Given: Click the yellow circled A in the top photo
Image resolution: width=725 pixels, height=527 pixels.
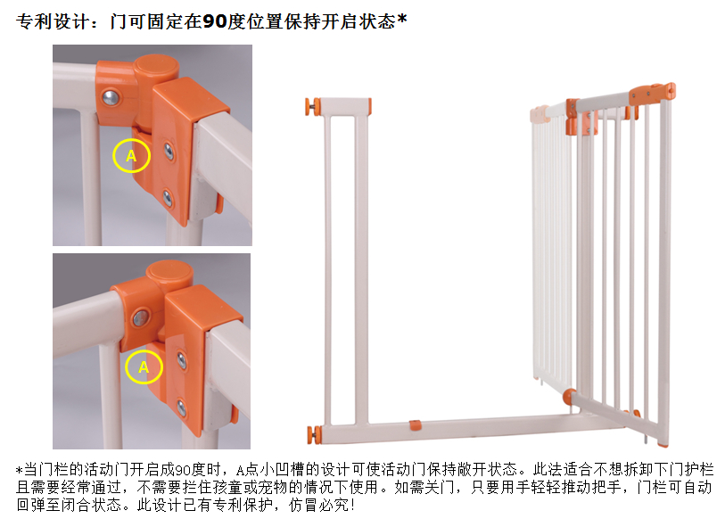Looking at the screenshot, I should click(131, 156).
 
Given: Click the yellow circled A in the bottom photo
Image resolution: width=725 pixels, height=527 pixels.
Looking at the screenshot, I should click(144, 366).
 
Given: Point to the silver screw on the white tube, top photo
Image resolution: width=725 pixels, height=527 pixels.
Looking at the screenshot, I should click(111, 96).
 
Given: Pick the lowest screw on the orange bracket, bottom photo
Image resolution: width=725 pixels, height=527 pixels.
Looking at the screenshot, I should click(182, 408).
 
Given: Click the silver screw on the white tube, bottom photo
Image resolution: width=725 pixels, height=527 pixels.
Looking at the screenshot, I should click(140, 316).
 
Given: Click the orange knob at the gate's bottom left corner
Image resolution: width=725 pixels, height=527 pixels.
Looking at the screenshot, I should click(313, 433).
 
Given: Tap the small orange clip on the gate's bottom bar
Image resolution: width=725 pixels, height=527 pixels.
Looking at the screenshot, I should click(416, 425).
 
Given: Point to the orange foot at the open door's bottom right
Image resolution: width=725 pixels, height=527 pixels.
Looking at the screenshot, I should click(662, 441).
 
